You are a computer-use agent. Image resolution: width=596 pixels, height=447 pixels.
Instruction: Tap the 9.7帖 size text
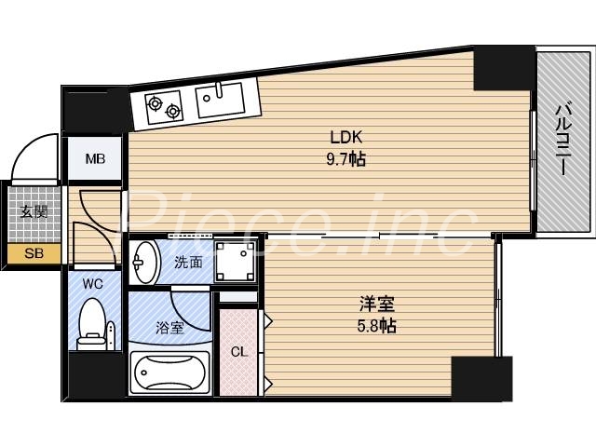pos(346,159)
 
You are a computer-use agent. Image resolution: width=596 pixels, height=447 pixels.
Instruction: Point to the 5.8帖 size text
pos(377,326)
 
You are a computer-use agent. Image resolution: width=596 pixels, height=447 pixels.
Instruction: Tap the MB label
pos(96,159)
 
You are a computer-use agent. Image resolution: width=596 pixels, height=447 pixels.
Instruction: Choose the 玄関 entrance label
pos(34,211)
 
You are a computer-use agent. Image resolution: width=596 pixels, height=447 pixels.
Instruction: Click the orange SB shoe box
pos(34,252)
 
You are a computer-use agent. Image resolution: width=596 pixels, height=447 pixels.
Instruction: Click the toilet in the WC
pos(92,322)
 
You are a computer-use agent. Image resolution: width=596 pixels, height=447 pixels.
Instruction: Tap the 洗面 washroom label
pos(188,262)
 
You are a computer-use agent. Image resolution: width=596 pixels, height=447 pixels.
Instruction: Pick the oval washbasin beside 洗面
pos(144,263)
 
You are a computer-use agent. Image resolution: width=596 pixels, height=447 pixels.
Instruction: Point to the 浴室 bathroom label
pos(169,327)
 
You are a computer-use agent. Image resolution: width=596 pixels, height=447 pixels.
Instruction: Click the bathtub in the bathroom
pos(169,374)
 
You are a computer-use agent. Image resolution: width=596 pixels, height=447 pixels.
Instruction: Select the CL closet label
pos(239,351)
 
